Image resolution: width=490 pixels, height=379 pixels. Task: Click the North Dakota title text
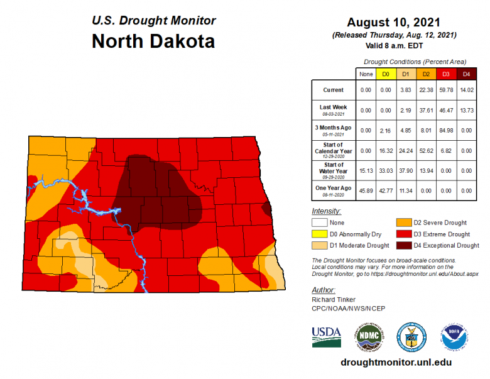point(153,41)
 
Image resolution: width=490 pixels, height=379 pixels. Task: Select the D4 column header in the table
point(466,74)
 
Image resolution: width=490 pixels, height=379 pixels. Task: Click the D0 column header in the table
point(386,74)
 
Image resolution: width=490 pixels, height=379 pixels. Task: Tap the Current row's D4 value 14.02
point(466,90)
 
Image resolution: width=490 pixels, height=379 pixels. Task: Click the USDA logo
point(327,336)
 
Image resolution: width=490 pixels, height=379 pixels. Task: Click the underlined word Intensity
point(326,211)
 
